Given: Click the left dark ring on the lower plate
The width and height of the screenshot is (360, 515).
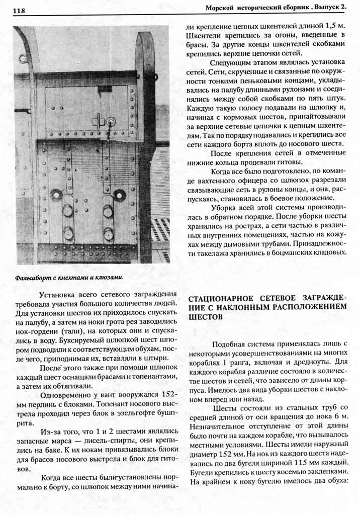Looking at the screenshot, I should [x=56, y=195].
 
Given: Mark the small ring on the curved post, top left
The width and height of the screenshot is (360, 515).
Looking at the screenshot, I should [x=23, y=59].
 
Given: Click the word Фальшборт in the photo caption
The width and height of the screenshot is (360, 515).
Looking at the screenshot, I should [x=31, y=277].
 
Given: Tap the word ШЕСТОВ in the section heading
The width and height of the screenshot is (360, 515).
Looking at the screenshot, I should [x=202, y=318].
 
